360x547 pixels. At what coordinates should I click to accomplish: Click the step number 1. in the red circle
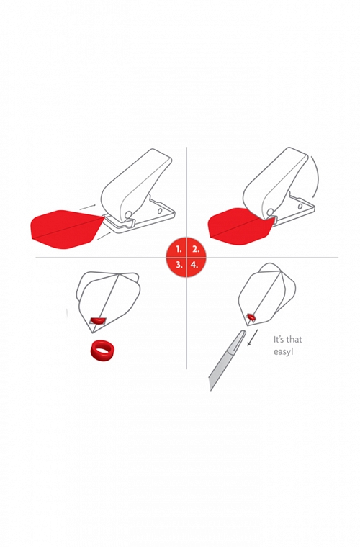179,250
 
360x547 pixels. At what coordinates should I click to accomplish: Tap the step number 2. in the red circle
195,250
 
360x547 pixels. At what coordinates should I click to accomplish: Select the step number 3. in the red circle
179,265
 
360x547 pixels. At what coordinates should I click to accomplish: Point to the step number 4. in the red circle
194,265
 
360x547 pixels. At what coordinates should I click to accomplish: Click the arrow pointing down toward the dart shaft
253,337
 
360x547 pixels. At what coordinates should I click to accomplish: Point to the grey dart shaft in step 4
227,359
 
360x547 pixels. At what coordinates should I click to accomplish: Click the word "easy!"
283,351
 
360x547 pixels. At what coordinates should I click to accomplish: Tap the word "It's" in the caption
279,339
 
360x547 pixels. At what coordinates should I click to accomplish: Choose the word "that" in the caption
294,339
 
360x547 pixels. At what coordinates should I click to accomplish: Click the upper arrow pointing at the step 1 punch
88,206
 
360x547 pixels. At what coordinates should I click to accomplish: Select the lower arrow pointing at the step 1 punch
104,235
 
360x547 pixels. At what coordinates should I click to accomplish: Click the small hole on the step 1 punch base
159,211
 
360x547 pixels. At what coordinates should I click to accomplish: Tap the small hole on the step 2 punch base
300,206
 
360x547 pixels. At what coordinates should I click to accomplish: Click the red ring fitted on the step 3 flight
98,320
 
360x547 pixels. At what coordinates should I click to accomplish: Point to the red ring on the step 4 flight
251,317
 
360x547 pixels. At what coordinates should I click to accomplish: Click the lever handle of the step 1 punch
136,181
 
